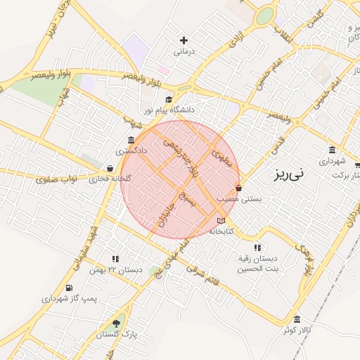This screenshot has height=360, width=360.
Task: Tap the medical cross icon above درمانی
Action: (x=184, y=41)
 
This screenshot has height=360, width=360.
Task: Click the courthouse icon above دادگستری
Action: (x=131, y=140)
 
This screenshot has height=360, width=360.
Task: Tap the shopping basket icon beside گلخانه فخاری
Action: (x=110, y=168)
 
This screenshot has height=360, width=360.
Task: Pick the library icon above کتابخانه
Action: (x=221, y=221)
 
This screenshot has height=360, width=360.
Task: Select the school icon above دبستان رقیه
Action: (x=257, y=247)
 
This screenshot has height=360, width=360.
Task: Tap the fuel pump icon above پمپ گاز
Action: (x=68, y=288)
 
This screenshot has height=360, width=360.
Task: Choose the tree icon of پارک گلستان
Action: (x=116, y=323)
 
